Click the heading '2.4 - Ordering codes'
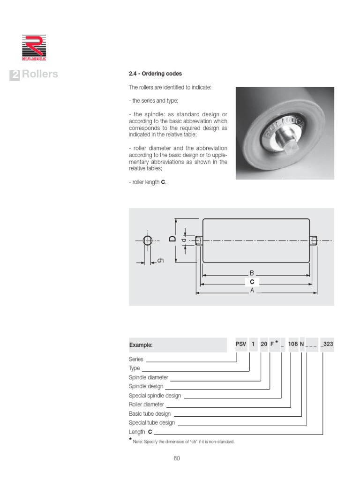point(155,74)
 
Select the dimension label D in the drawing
point(172,239)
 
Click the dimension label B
point(252,273)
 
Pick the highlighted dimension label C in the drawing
point(252,282)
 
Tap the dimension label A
point(252,291)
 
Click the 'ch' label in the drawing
point(160,261)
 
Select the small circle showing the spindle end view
point(148,241)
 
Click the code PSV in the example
point(240,345)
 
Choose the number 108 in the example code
point(293,345)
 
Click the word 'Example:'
point(141,345)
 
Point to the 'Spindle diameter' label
point(148,377)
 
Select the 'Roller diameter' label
point(146,404)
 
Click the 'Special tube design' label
point(151,422)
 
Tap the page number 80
point(177,458)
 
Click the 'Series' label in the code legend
point(136,360)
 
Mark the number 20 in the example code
point(264,345)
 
